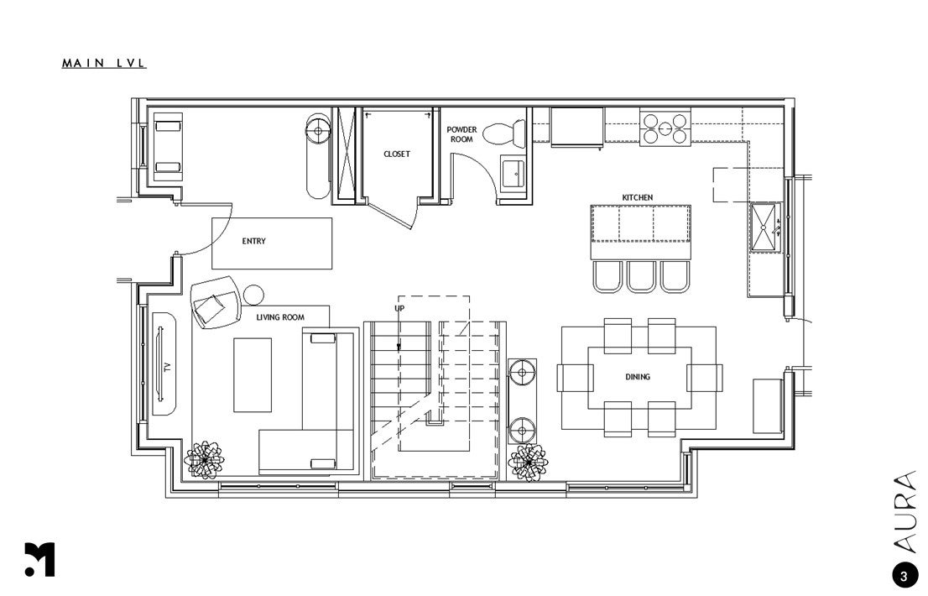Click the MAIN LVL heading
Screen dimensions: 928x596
coord(103,63)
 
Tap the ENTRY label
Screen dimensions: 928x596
coord(254,241)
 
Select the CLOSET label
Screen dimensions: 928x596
coord(397,154)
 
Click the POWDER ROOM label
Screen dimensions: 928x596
coord(461,134)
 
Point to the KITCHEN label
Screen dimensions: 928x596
coord(638,197)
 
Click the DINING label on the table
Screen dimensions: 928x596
coord(638,376)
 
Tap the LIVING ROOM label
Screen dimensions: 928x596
coord(280,317)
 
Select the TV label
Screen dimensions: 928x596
coord(167,367)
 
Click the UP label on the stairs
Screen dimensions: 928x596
coord(400,308)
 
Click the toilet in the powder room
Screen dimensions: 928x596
coord(504,133)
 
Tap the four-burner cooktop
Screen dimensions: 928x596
coord(665,128)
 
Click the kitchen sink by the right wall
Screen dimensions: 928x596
coord(766,227)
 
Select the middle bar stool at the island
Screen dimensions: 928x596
coord(641,276)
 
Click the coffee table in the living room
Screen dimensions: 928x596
coord(253,374)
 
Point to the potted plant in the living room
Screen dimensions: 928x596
coord(204,459)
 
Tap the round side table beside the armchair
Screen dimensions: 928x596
coord(253,295)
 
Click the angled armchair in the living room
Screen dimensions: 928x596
coord(216,302)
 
